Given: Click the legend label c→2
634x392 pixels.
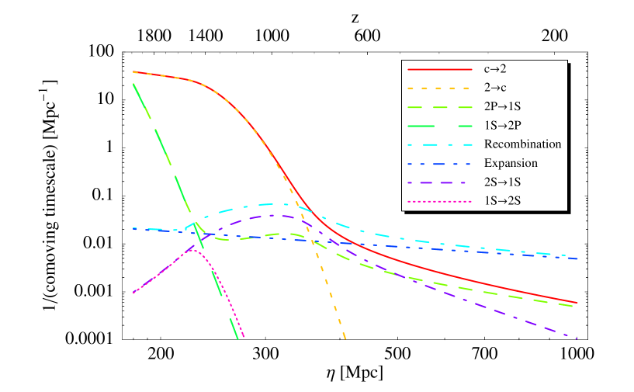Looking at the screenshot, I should click(x=495, y=69).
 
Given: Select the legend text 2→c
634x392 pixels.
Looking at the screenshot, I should click(x=495, y=88).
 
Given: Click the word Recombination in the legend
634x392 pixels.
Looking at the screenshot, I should click(x=522, y=144).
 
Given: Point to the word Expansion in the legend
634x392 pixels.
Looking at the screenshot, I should click(x=511, y=163).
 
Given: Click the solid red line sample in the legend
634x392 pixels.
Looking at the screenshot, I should click(x=440, y=69).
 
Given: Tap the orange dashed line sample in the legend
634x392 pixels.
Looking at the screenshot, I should click(x=440, y=88).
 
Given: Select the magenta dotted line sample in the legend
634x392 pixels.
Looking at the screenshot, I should click(x=440, y=201).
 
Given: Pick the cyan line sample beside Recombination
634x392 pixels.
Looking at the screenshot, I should click(x=440, y=144).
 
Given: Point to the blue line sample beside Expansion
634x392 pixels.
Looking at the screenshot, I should click(x=440, y=163).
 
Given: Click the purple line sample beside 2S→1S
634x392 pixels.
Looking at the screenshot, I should click(x=440, y=182).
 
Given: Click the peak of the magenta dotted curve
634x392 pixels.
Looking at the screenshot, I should click(x=194, y=248).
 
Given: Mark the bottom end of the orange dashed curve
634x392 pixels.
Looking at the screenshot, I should click(x=345, y=338).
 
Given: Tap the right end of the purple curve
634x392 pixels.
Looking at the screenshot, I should click(x=577, y=338).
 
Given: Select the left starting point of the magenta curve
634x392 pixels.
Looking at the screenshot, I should click(x=133, y=293).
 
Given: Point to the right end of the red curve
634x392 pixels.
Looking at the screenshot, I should click(x=577, y=303).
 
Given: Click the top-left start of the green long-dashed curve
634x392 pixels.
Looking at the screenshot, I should click(x=134, y=83).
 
